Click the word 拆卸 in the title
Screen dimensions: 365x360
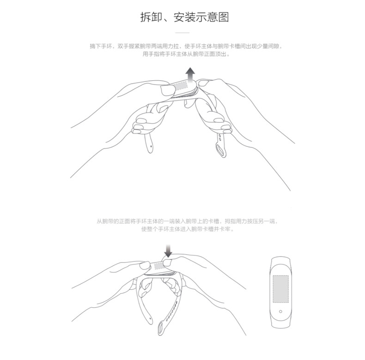[151, 17]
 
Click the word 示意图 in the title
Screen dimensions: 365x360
[213, 17]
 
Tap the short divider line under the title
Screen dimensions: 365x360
[182, 33]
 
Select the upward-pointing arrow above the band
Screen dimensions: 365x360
[190, 75]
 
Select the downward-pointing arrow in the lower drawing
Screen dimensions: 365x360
[168, 251]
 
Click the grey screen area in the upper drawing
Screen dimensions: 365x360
[181, 85]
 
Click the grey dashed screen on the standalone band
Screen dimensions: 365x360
[280, 289]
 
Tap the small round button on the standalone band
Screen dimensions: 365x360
[280, 311]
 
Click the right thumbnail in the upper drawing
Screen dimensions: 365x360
[203, 83]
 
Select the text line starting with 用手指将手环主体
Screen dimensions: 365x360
[186, 54]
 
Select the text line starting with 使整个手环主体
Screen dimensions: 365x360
[188, 229]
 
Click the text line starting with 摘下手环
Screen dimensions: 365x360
[186, 46]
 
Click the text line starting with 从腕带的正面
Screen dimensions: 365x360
[188, 221]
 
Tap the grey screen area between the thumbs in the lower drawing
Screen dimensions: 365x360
[159, 266]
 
